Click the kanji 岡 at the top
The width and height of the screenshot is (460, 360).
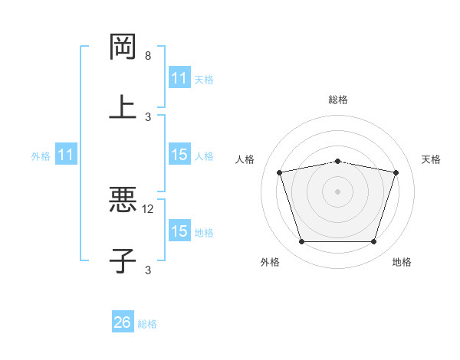click(x=123, y=47)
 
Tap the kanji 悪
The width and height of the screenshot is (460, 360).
click(x=123, y=201)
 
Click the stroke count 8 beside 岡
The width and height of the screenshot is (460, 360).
click(x=148, y=56)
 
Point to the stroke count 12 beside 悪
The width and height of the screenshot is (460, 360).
click(x=149, y=209)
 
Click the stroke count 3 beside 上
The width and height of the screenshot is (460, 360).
click(x=148, y=116)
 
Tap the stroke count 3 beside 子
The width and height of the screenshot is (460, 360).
click(x=148, y=270)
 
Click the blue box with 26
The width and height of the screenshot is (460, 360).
click(x=123, y=322)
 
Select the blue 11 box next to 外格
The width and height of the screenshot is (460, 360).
click(x=66, y=155)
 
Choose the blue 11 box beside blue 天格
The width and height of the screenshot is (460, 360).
click(x=179, y=78)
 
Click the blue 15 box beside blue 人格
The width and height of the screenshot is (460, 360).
click(x=179, y=155)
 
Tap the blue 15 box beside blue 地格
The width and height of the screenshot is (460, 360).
click(x=179, y=231)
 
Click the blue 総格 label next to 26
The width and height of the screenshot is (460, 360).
click(x=147, y=324)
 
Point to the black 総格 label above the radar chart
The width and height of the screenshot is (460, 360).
click(x=338, y=100)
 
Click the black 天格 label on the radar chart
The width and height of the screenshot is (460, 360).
click(x=432, y=159)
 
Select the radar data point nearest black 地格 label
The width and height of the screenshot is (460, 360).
click(x=373, y=242)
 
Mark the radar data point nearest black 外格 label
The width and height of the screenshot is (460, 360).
click(x=301, y=242)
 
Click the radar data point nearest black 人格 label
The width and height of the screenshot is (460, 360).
click(x=280, y=173)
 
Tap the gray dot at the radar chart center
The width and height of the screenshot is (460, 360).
click(x=337, y=191)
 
